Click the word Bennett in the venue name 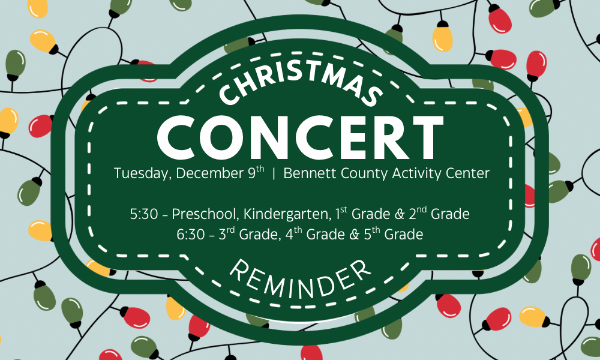click(x=305, y=173)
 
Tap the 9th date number click(x=256, y=172)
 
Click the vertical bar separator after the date click(x=274, y=174)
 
